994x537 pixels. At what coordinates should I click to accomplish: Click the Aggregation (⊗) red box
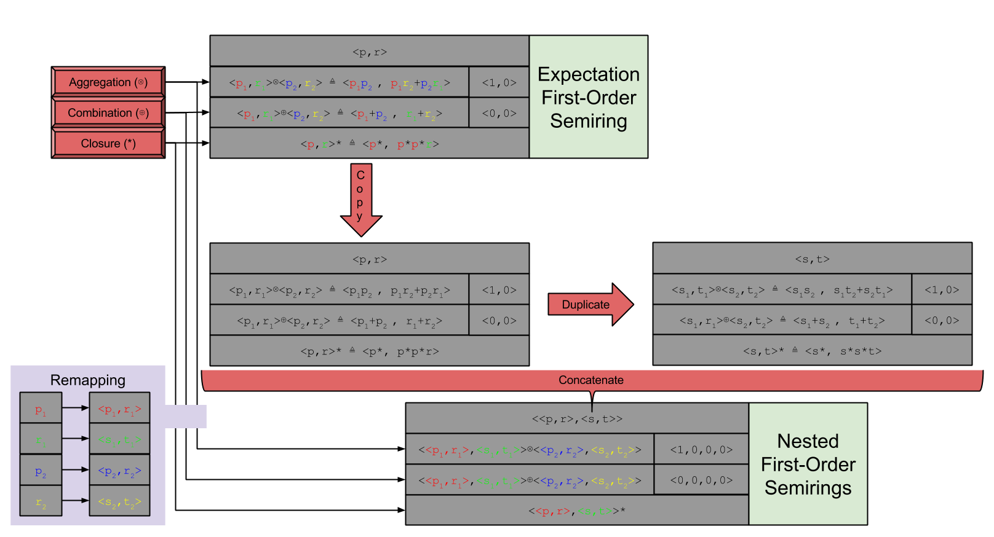[x=108, y=82]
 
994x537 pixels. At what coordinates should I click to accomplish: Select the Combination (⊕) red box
[x=108, y=113]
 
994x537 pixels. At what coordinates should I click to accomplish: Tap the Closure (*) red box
[x=108, y=144]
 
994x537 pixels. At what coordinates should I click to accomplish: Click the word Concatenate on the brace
[x=590, y=380]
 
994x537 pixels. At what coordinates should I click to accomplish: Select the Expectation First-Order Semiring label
[x=589, y=97]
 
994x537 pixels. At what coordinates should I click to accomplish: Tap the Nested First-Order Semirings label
[x=808, y=464]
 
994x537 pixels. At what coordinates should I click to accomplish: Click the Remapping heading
[x=88, y=380]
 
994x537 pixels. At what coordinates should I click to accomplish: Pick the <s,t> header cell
[x=812, y=259]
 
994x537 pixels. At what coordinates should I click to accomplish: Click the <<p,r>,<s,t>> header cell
[x=577, y=419]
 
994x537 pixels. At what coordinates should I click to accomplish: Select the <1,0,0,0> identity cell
[x=701, y=450]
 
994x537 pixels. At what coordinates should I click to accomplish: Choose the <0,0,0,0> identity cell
[x=701, y=480]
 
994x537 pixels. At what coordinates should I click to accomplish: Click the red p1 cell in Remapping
[x=41, y=409]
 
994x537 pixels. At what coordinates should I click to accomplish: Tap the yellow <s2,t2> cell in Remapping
[x=120, y=501]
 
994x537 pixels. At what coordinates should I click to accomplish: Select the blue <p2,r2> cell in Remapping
[x=120, y=471]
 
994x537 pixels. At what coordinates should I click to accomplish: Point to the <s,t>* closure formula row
[x=812, y=351]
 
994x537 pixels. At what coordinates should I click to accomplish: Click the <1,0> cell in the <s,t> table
[x=942, y=290]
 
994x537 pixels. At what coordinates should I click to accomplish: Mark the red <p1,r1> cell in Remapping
[x=120, y=409]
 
